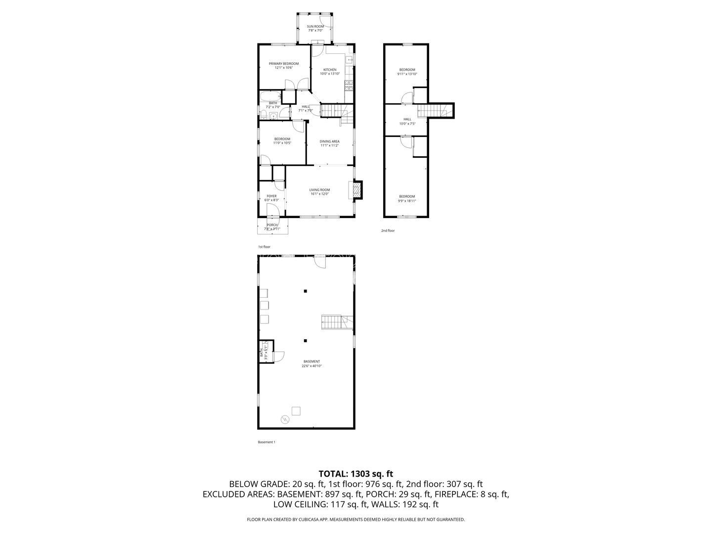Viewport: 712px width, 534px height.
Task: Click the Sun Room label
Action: [x=315, y=28]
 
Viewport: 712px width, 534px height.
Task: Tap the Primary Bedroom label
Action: [x=284, y=65]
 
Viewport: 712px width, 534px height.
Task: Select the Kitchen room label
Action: [x=330, y=71]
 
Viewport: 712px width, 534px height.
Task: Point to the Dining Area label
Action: [x=329, y=143]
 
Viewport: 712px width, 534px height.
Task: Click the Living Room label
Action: [x=319, y=192]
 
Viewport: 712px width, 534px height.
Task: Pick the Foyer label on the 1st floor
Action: [x=271, y=198]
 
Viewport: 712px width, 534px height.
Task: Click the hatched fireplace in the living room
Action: [x=356, y=190]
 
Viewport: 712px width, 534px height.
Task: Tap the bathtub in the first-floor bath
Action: [x=270, y=96]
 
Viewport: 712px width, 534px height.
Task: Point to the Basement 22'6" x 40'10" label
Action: [x=312, y=363]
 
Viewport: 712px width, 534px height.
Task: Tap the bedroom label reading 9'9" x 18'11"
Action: [x=407, y=198]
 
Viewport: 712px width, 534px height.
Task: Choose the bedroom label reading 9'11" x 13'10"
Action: [x=407, y=72]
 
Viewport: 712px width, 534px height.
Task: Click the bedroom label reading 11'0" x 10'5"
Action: [x=282, y=141]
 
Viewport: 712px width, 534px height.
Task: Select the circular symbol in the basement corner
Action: [x=285, y=419]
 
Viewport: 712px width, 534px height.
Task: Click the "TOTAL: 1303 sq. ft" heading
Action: [x=356, y=474]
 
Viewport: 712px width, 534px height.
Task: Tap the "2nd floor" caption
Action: [x=388, y=230]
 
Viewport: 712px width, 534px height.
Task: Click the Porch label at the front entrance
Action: [x=272, y=226]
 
